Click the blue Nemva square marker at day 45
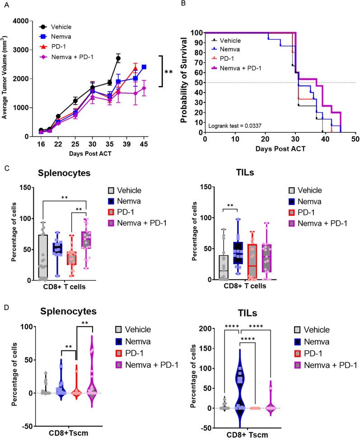click(144, 67)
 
